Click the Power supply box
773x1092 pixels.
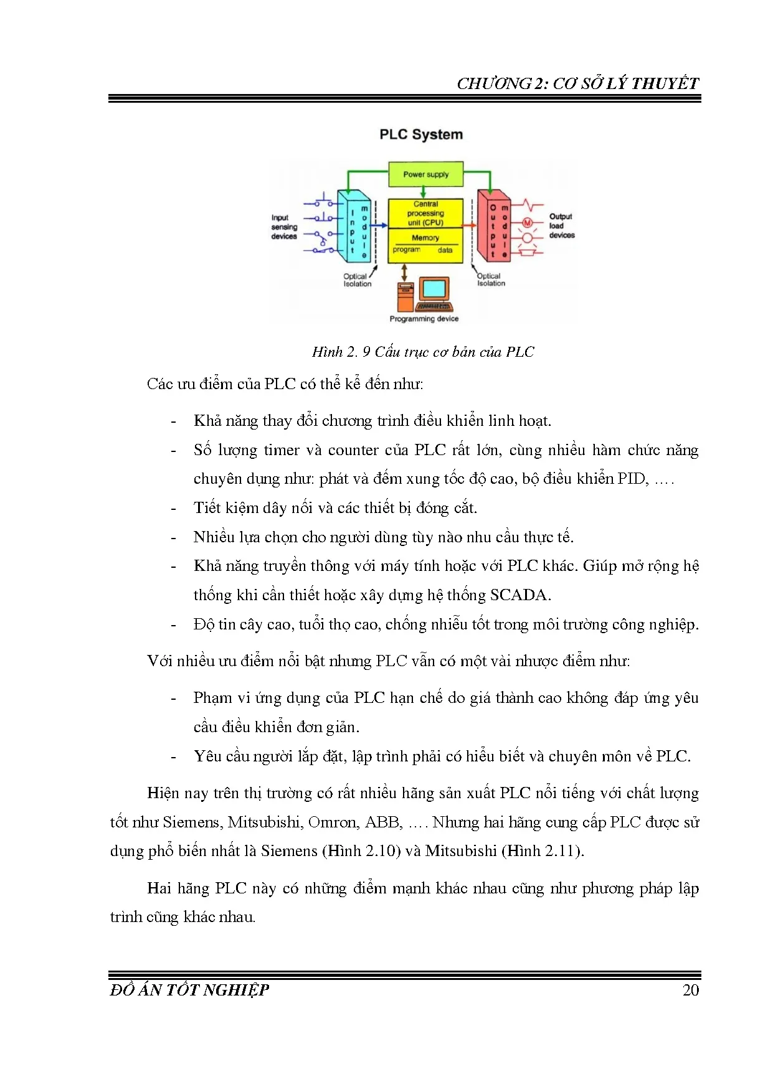click(426, 174)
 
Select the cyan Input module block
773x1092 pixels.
click(353, 227)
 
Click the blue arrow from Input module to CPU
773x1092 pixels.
click(381, 225)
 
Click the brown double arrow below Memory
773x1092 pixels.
click(405, 271)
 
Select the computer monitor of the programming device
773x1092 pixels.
click(434, 289)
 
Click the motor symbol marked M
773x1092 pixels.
click(528, 223)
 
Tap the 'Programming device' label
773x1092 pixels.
click(424, 319)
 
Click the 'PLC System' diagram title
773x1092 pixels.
click(421, 134)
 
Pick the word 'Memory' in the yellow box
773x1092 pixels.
click(425, 238)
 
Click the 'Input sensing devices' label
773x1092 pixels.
click(283, 227)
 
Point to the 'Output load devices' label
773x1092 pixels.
click(561, 226)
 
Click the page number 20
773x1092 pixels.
click(691, 991)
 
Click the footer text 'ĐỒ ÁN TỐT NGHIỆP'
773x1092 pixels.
click(189, 991)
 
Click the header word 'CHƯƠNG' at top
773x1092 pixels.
click(494, 83)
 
